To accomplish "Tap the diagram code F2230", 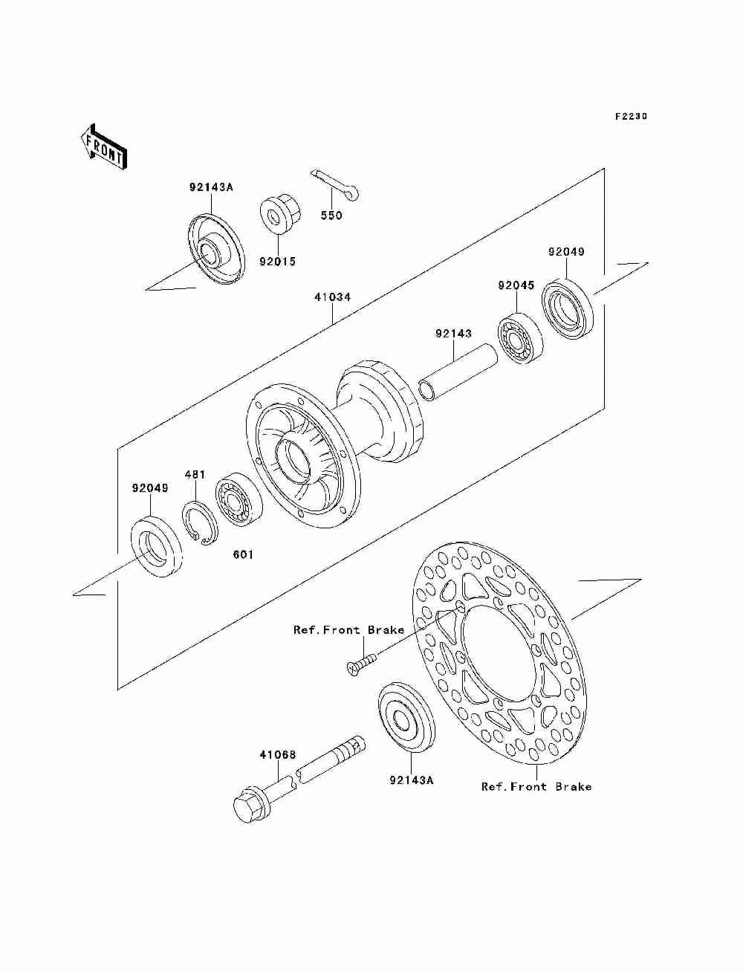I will click(x=631, y=117).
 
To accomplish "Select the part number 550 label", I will click(x=331, y=216).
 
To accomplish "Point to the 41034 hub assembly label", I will click(x=331, y=297).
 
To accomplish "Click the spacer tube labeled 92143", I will click(x=458, y=375).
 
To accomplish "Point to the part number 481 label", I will click(x=195, y=474).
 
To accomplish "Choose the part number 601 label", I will click(x=242, y=554).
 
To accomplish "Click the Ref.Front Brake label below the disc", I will click(x=536, y=786).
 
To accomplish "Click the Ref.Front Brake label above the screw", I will click(x=349, y=629).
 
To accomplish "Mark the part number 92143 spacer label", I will click(x=453, y=334).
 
